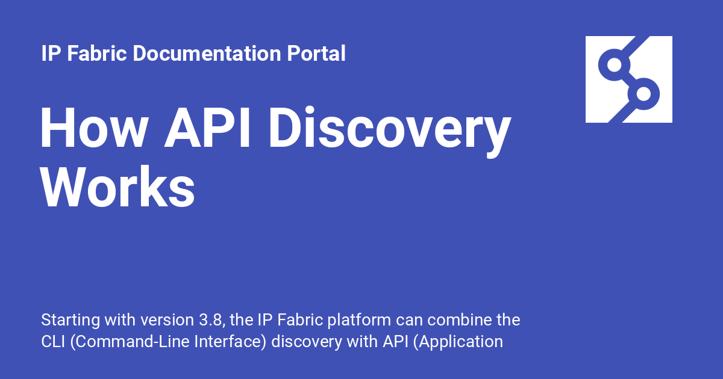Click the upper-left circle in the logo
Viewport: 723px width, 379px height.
click(x=614, y=65)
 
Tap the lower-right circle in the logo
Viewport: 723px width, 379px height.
click(x=643, y=94)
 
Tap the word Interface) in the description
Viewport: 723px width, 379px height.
click(x=231, y=342)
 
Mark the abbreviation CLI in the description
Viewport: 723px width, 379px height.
click(x=52, y=342)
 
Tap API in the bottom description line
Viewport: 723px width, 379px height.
click(x=395, y=342)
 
